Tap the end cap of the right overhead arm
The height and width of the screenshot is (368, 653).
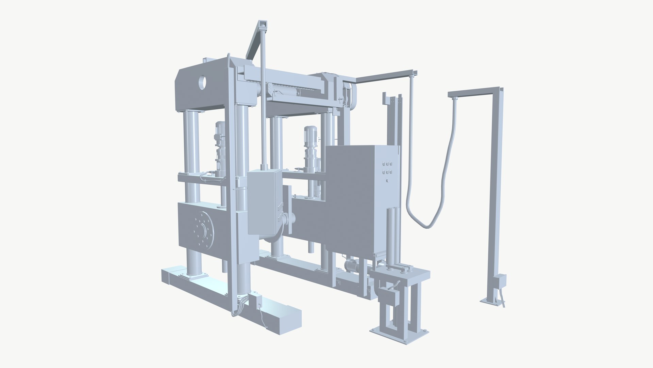click(x=414, y=73)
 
